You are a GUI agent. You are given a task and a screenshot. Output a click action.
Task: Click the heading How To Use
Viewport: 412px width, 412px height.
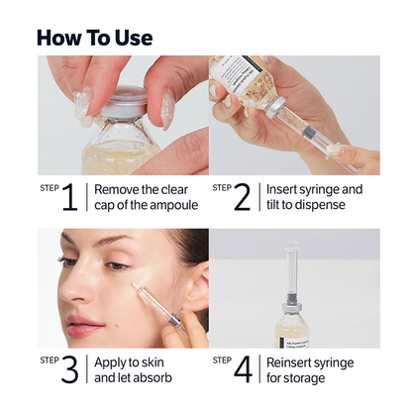pos(94,38)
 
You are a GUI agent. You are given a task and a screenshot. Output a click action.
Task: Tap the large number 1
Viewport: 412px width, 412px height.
pos(69,197)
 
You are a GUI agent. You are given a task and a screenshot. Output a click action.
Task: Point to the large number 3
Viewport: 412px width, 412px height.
pos(69,369)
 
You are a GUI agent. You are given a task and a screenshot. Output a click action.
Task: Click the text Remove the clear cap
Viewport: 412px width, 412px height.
pos(146,197)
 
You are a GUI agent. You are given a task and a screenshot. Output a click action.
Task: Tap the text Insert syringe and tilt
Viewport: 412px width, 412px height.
pos(315,197)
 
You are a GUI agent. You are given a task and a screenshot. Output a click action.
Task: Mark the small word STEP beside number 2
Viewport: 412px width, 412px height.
pos(222,186)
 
